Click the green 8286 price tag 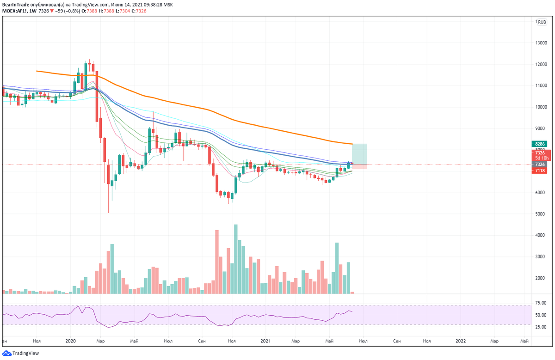[x=540, y=144]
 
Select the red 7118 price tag [x=540, y=171]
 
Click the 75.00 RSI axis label [x=541, y=303]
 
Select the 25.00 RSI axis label [x=541, y=327]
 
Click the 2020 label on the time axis [x=71, y=341]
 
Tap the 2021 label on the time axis [x=265, y=341]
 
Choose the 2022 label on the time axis [x=461, y=341]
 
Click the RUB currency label [x=542, y=22]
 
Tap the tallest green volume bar [x=235, y=259]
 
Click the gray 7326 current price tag [x=540, y=164]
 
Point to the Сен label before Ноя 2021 [x=397, y=341]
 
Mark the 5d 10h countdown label [x=540, y=158]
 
